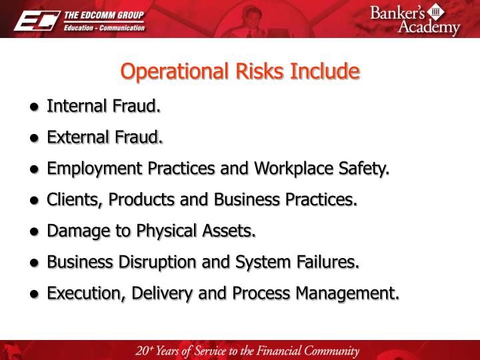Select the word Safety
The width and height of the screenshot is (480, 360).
(x=365, y=169)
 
